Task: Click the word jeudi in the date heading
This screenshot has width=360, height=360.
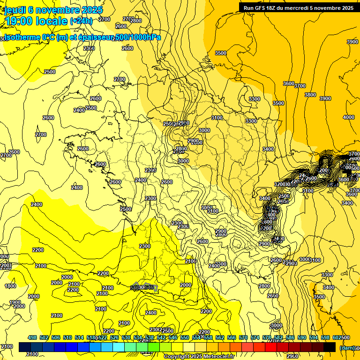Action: coord(15,9)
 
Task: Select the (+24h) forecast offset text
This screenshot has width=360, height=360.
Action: coord(81,21)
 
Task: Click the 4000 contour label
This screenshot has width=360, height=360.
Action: coord(349,117)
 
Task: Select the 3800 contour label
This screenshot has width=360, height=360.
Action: coord(310,95)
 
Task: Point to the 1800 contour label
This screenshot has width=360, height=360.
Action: coord(10,286)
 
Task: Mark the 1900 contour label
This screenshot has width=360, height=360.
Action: coord(15,302)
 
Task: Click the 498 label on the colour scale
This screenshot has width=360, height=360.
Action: coord(32,337)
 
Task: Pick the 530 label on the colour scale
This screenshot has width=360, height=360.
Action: coord(126,337)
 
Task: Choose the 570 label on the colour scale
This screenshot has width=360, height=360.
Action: coord(243,337)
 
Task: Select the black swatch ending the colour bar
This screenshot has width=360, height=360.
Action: coord(330,347)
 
